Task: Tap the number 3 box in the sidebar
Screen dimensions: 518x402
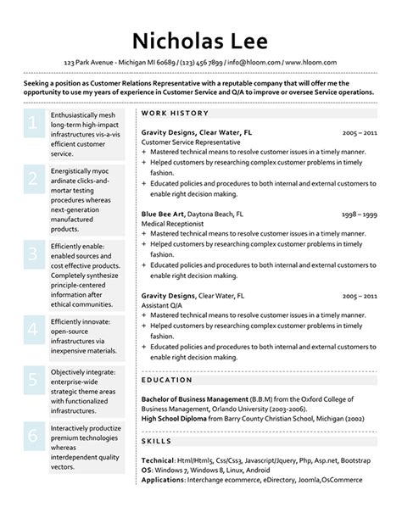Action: click(x=33, y=254)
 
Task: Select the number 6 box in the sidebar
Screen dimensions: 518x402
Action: click(x=33, y=436)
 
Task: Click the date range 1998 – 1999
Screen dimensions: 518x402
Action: click(x=360, y=214)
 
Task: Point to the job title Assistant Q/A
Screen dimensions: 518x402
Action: click(x=163, y=305)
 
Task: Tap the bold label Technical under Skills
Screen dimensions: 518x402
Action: click(x=158, y=459)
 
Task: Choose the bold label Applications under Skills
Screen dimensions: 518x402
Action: click(x=163, y=479)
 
